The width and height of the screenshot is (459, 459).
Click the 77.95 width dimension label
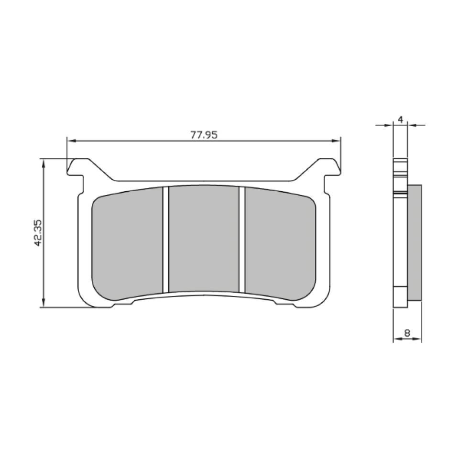(204, 135)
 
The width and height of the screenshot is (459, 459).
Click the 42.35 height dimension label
(38, 233)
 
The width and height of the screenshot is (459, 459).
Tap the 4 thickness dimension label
(401, 120)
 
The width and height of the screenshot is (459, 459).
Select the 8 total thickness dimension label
(407, 333)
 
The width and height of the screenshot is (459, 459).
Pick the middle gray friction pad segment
(204, 239)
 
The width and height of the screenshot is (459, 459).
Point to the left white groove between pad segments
(166, 240)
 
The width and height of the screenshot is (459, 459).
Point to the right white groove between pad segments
(242, 240)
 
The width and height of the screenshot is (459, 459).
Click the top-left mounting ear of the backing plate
(76, 167)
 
